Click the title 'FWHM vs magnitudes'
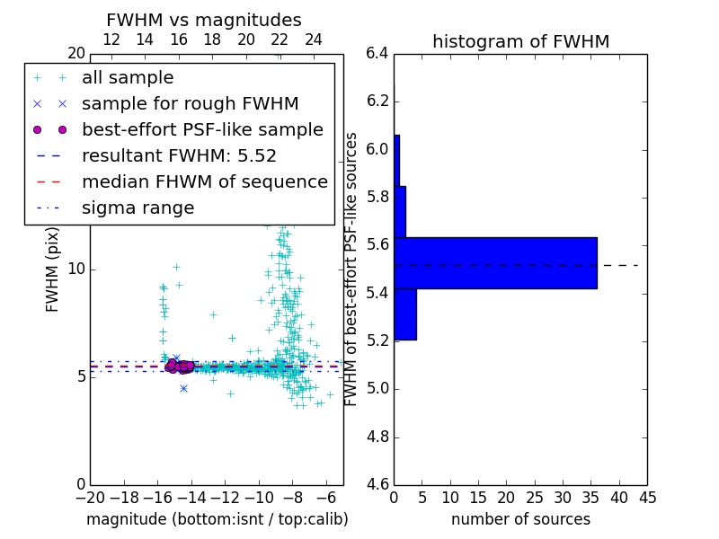(x=204, y=20)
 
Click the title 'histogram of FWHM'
(x=520, y=41)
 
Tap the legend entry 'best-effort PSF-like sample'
(x=202, y=129)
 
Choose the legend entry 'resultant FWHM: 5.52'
(x=179, y=155)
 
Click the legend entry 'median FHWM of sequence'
(x=205, y=181)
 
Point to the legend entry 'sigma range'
(x=138, y=208)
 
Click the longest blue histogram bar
(x=495, y=263)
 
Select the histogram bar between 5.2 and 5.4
(x=405, y=314)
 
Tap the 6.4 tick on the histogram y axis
(x=377, y=53)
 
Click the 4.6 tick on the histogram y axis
(x=377, y=485)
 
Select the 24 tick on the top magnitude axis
(x=313, y=40)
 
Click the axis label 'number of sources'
(x=520, y=519)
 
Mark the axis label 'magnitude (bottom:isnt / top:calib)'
(x=217, y=519)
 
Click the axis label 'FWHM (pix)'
(x=53, y=269)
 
